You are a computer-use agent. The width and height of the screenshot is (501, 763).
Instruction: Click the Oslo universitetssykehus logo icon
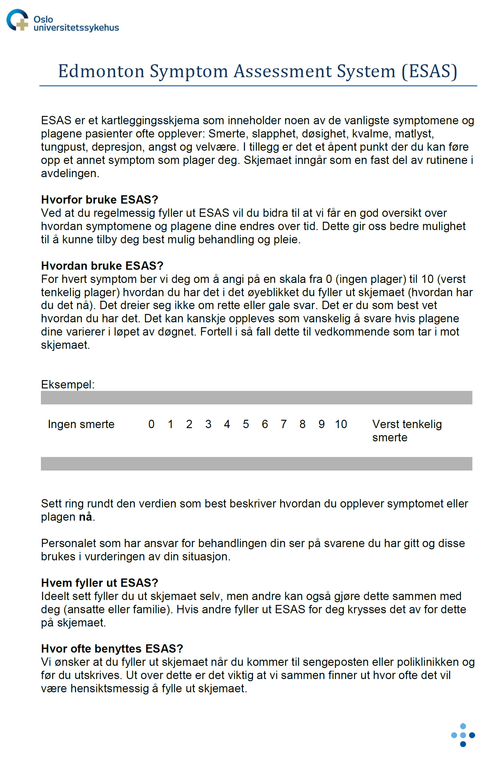point(17,20)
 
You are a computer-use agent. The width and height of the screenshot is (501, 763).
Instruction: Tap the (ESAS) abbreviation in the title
point(429,71)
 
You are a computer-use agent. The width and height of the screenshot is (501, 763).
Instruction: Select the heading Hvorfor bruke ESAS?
point(99,200)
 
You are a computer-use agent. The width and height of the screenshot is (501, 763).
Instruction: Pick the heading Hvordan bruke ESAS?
point(102,266)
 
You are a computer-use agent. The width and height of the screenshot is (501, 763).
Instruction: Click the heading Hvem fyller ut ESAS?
point(99,583)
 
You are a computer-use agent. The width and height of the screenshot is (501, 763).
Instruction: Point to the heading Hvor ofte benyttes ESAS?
point(112,649)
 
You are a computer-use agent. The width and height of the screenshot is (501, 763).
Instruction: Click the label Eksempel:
point(68,384)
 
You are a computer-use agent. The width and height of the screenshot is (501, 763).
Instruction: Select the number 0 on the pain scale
point(151,424)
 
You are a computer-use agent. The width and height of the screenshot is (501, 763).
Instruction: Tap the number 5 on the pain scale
point(246,424)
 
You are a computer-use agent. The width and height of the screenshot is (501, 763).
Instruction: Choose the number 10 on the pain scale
point(341,424)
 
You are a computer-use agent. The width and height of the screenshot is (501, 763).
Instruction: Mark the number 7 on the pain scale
point(283,424)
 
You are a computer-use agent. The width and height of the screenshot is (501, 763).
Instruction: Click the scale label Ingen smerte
point(81,424)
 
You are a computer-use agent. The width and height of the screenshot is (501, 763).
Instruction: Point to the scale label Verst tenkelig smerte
point(407,431)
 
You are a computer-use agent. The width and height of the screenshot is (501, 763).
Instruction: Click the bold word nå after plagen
point(85,517)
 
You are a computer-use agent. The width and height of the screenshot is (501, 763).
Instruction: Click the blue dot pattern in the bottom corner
point(463,735)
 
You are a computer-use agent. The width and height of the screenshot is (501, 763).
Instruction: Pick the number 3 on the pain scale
point(208,424)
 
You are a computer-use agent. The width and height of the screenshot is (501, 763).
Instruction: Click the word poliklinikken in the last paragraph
point(427,662)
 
